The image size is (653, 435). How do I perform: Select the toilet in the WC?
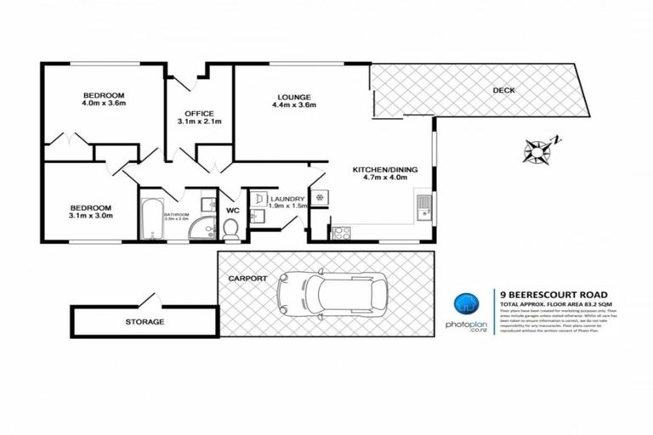(230, 227)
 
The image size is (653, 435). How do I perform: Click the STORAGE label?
(145, 322)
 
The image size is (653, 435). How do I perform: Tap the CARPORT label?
(247, 278)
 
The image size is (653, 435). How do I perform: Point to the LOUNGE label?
(294, 97)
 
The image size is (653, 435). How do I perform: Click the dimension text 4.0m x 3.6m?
(104, 104)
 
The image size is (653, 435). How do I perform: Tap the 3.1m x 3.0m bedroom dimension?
(91, 216)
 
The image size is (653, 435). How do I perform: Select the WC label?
(231, 204)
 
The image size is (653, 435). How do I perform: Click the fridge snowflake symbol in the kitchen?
(319, 197)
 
